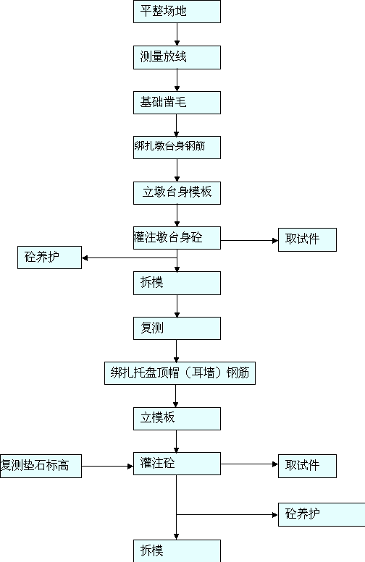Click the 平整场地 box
(x=177, y=12)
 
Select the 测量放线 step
(x=177, y=57)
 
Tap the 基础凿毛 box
(x=177, y=103)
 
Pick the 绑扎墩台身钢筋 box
(x=177, y=148)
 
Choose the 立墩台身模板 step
(x=177, y=193)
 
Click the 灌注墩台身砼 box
(x=177, y=238)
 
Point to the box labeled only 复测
(x=177, y=328)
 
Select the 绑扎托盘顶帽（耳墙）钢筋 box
(x=180, y=373)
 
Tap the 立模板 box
(x=177, y=419)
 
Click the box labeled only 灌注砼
(x=177, y=464)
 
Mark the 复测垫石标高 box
(x=41, y=466)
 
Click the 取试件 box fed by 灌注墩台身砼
(x=307, y=240)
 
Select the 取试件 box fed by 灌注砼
(x=307, y=466)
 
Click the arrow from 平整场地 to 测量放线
(x=177, y=35)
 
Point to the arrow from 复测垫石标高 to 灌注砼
(x=108, y=467)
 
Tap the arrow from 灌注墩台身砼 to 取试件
(x=249, y=241)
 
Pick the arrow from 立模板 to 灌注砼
(x=176, y=441)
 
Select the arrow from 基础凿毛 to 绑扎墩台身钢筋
(x=176, y=125)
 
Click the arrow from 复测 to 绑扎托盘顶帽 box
(x=176, y=351)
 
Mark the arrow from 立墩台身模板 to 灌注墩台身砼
(x=177, y=216)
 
